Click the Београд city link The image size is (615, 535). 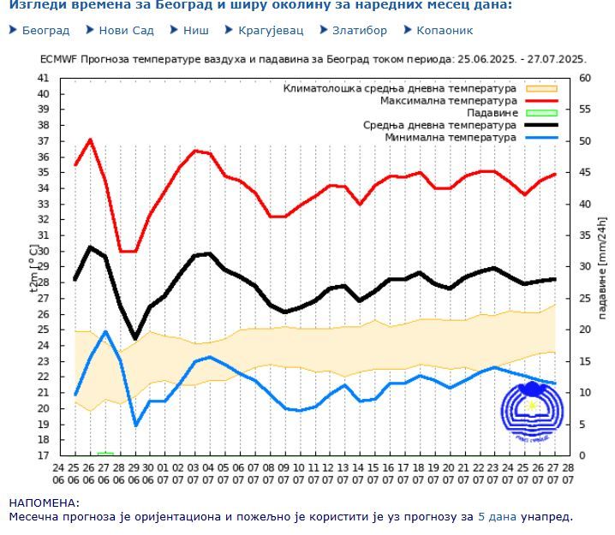click(45, 30)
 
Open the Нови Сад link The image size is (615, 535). click(126, 30)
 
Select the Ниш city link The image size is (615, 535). click(195, 30)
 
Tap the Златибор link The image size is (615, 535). click(360, 30)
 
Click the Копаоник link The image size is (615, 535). click(444, 30)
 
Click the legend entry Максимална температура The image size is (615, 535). click(449, 100)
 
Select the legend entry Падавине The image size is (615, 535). click(492, 113)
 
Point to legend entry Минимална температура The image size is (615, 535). click(451, 137)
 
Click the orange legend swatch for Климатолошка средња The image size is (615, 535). click(541, 88)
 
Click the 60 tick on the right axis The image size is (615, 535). click(586, 78)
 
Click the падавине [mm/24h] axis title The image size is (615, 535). click(601, 266)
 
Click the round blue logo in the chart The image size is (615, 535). click(532, 413)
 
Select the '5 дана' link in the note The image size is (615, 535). click(497, 516)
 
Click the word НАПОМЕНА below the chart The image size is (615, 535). click(44, 503)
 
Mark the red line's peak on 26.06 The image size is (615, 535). click(91, 140)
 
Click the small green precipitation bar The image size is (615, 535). click(105, 453)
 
